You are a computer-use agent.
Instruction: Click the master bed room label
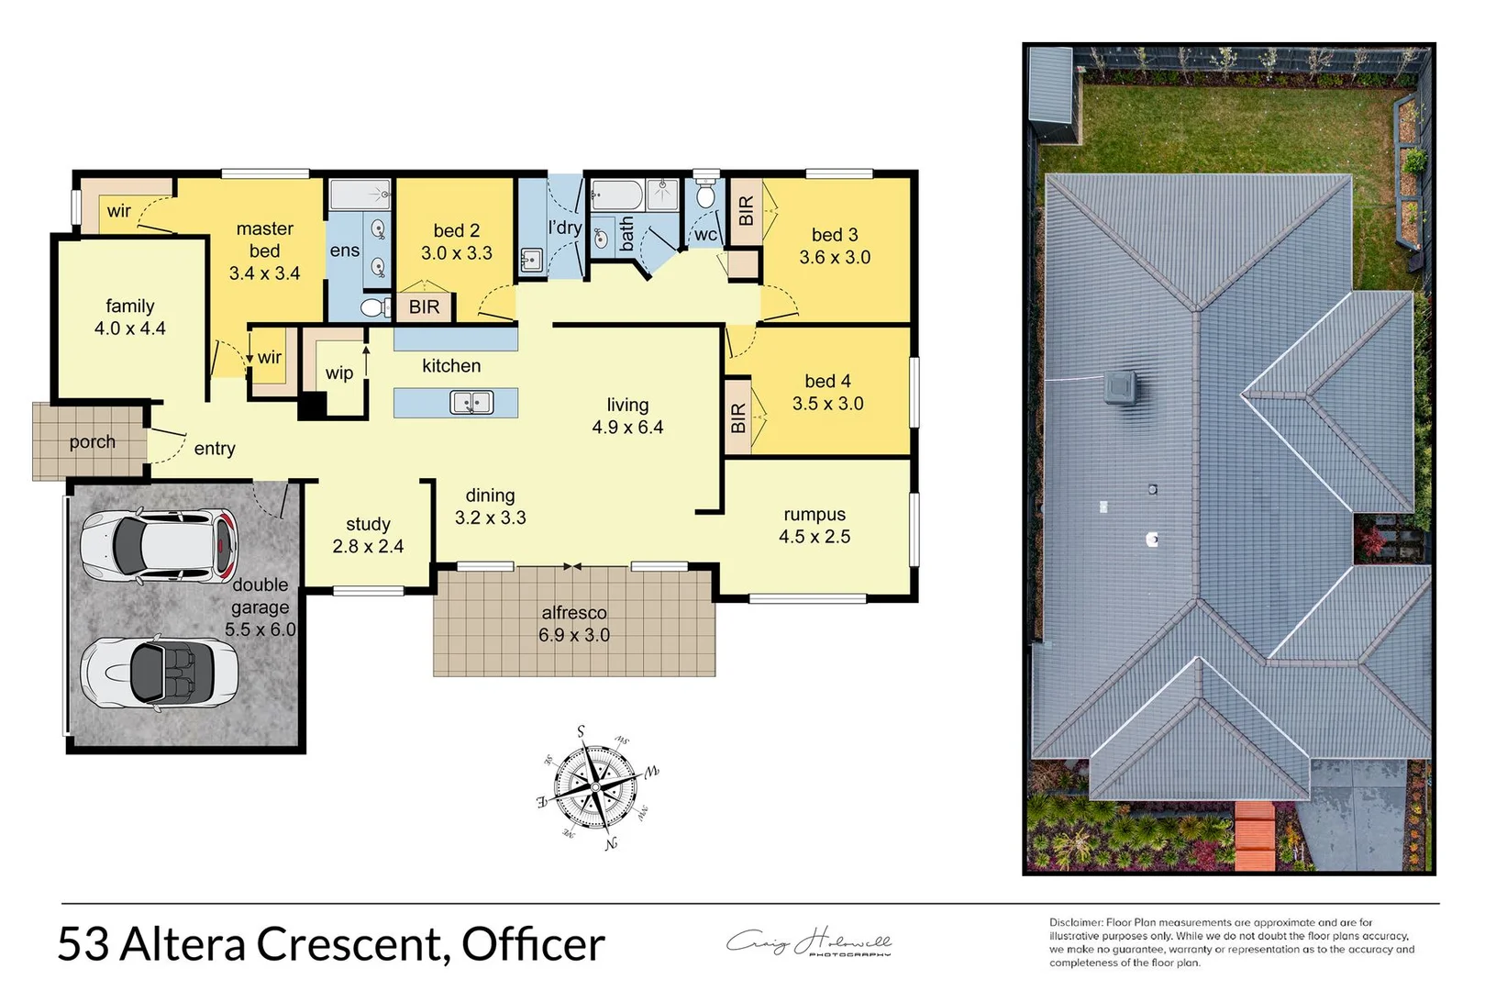tap(264, 239)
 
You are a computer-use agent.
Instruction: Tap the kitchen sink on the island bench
tap(471, 403)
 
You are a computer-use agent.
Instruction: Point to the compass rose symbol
tap(597, 787)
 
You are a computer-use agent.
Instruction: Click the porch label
tap(93, 442)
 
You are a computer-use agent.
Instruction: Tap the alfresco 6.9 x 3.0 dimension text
tap(574, 635)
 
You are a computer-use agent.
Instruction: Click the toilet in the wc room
tap(705, 194)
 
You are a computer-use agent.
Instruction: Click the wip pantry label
tap(339, 373)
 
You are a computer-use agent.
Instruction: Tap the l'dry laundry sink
tap(531, 261)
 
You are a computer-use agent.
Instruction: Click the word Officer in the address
tap(533, 944)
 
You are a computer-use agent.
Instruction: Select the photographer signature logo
tap(809, 943)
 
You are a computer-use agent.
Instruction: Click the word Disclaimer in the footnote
tap(1076, 922)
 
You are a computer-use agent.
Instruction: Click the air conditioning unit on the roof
tap(1122, 388)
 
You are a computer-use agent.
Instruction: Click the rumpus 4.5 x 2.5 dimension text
tap(815, 537)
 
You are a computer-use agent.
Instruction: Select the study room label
tap(368, 524)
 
